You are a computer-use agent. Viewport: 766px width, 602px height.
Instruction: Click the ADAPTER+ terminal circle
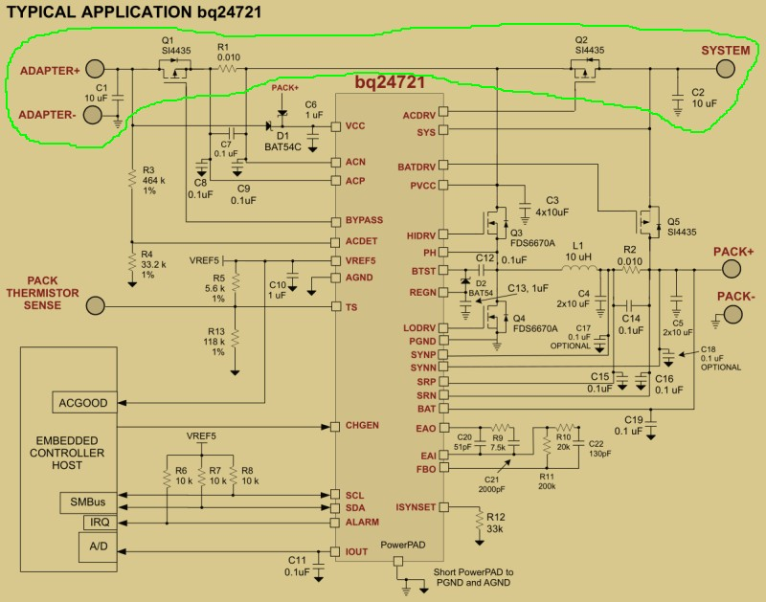pos(95,68)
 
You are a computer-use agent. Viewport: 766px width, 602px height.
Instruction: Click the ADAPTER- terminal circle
pos(92,116)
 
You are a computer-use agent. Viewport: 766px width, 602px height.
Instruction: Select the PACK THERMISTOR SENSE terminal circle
pos(95,306)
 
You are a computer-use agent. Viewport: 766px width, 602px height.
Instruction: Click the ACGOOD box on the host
pos(83,402)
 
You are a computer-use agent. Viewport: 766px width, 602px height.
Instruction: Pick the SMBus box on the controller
pos(85,501)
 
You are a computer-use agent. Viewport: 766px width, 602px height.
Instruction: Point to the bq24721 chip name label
pos(387,85)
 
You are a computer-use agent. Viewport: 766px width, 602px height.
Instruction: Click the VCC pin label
pos(354,126)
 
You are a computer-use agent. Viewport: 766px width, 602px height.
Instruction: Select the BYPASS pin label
pos(356,220)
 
